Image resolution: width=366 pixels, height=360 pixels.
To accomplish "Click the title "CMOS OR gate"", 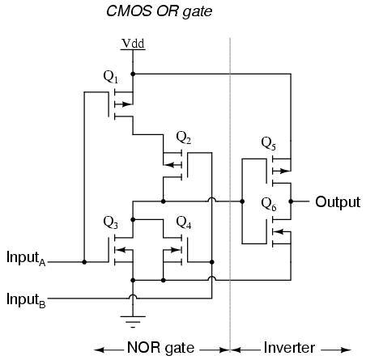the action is coord(160,11).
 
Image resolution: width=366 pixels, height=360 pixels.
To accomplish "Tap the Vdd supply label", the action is coord(133,44).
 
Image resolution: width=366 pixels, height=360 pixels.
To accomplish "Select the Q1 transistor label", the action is coord(111,77).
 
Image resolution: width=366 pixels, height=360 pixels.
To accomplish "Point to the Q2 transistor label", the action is coord(184,138).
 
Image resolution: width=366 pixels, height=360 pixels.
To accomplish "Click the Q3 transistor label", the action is coord(111,222).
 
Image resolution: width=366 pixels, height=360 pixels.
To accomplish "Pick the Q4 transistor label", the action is coord(184,222).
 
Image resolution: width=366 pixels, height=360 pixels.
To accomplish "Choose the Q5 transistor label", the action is coord(269,143).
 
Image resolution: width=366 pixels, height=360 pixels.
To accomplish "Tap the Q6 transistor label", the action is coord(269,204).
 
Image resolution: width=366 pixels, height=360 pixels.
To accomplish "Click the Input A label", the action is coord(26,258).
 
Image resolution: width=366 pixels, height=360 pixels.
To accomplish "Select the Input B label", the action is coord(26,300).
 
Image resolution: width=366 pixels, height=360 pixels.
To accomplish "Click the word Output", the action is coord(338,202).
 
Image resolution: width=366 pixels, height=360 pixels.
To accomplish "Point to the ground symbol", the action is coord(133,322).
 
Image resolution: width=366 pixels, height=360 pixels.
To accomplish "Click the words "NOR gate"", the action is coord(160,348).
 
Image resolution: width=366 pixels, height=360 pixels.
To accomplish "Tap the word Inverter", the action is coord(289,347).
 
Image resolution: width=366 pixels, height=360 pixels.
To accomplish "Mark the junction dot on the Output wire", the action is coord(291,201).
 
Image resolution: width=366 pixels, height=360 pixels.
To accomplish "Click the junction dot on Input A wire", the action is coord(84,262).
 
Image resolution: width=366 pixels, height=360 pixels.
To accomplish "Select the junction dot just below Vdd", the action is coord(133,74).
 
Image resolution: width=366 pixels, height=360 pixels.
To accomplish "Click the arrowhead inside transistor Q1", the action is coord(127,104).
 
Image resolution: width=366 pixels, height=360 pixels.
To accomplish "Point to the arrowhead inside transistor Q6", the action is coord(279,231).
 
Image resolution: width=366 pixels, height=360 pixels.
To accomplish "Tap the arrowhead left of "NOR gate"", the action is coord(100,350).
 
